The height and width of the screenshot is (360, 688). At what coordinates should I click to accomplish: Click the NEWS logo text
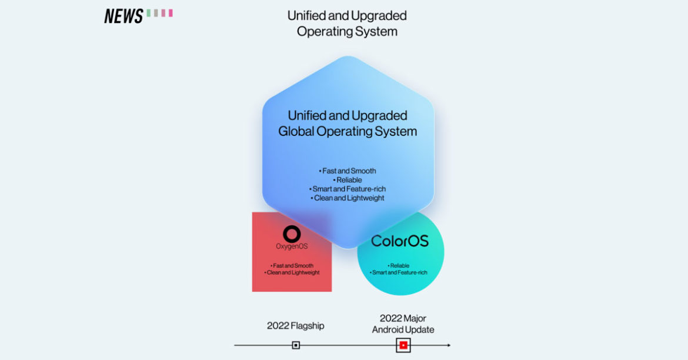click(x=123, y=16)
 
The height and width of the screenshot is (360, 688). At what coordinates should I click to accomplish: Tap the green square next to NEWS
click(x=149, y=13)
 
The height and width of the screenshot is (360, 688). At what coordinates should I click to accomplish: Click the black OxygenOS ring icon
click(x=292, y=234)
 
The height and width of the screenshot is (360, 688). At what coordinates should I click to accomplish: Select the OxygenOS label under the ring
click(x=292, y=246)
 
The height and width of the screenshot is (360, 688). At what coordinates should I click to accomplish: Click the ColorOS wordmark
click(x=400, y=241)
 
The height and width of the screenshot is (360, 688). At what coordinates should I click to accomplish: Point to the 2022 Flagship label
click(x=296, y=326)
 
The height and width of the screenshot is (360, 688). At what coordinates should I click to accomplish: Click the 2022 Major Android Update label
click(x=403, y=324)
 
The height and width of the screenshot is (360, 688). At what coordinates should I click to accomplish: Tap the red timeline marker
click(x=403, y=345)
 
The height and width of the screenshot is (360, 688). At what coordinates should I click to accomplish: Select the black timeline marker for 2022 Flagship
click(x=296, y=345)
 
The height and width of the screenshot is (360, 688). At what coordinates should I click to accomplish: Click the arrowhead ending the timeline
click(x=449, y=345)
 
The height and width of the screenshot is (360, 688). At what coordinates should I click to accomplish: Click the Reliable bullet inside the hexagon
click(x=348, y=180)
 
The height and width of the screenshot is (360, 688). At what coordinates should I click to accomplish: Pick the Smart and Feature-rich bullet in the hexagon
click(x=348, y=189)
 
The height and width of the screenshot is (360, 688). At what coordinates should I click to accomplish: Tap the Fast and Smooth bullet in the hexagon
click(x=348, y=171)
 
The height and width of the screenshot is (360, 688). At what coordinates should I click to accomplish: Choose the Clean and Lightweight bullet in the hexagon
click(x=348, y=198)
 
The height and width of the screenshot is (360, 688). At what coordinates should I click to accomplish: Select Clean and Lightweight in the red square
click(x=292, y=272)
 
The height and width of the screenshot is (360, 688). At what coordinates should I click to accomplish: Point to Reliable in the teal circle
click(x=399, y=266)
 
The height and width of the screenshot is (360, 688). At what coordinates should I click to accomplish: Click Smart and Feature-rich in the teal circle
click(x=399, y=272)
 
